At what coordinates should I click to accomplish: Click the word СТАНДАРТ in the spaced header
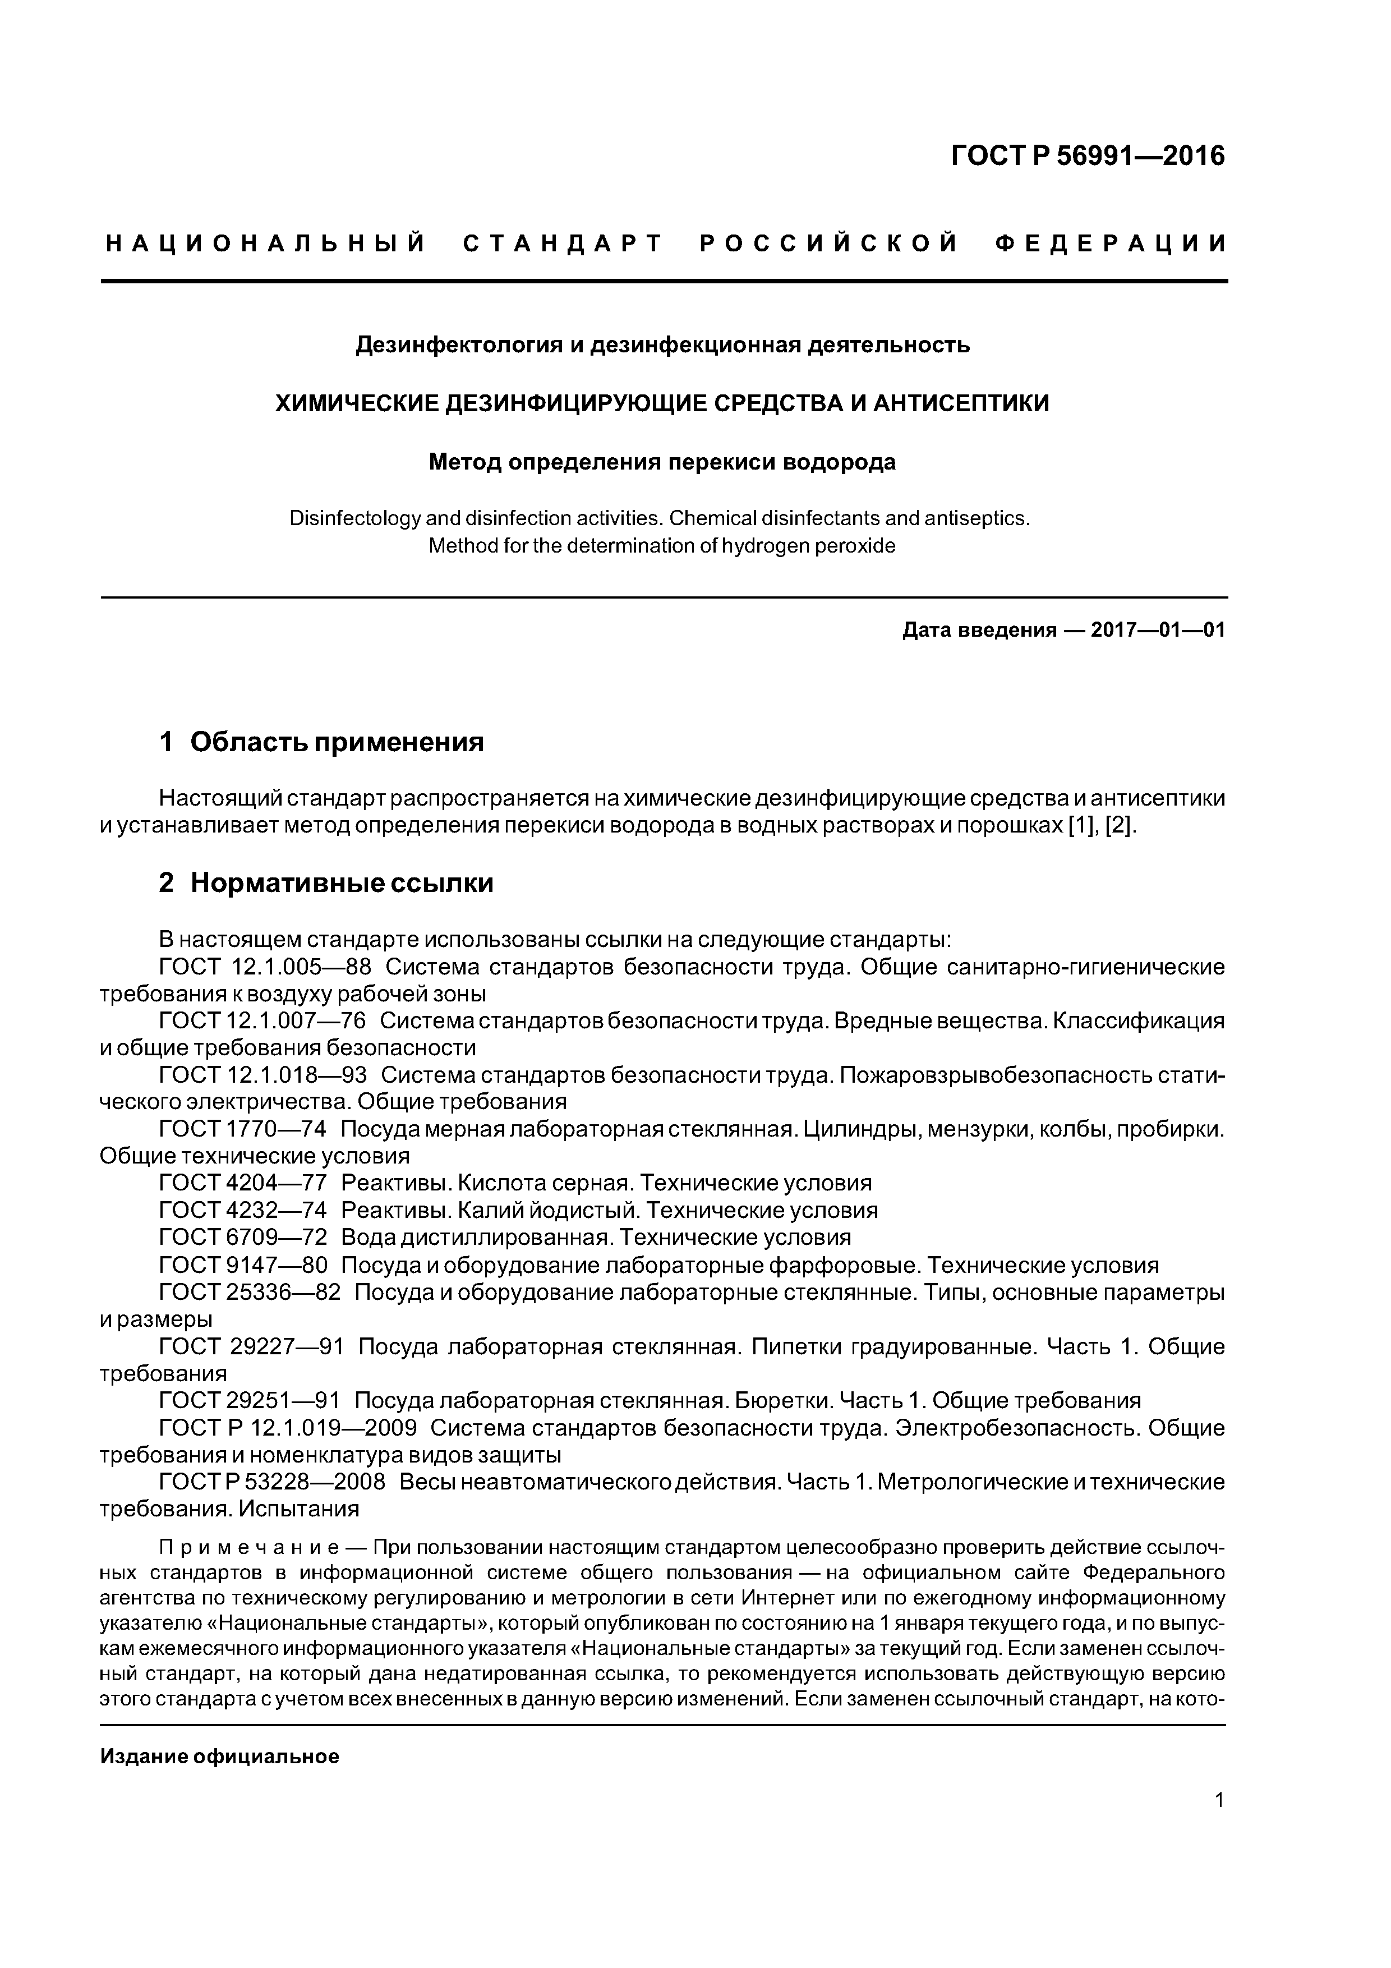pos(563,243)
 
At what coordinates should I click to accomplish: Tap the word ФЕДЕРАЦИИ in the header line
pos(1111,243)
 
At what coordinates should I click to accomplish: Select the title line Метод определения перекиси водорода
pos(662,462)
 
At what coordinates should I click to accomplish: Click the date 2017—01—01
pos(1157,631)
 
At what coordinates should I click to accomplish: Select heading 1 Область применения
pos(321,742)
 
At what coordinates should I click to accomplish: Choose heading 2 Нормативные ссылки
pos(326,883)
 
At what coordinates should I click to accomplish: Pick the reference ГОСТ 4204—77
pos(242,1183)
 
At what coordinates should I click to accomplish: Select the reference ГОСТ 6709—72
pos(242,1237)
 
